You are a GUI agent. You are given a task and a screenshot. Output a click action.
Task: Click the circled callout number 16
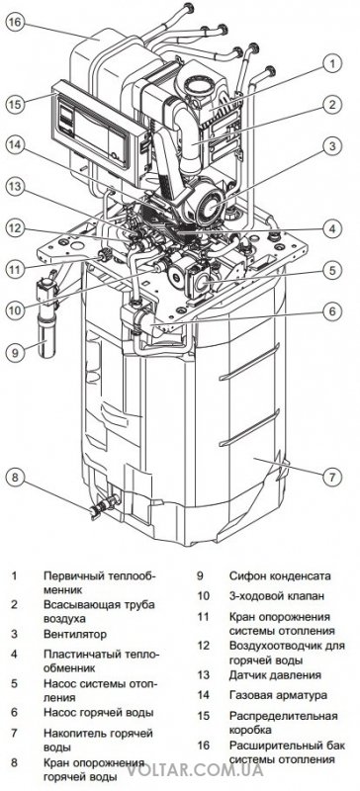(15, 24)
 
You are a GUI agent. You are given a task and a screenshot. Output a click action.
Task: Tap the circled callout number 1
(332, 64)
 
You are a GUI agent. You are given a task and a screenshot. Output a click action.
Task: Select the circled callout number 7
(332, 476)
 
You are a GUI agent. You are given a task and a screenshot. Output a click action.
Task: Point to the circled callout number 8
(15, 477)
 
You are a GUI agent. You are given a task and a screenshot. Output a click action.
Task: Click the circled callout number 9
(15, 353)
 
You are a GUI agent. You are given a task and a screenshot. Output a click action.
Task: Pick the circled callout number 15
(15, 105)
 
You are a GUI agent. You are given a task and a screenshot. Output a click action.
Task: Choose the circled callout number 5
(332, 270)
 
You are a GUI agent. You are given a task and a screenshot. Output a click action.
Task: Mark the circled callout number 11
(15, 269)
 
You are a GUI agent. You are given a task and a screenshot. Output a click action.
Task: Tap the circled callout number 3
(332, 146)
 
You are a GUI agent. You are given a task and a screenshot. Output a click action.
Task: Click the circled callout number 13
(15, 187)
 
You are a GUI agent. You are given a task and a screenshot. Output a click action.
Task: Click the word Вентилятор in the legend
(75, 634)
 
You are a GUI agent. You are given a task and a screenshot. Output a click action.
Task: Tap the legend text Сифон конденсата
(280, 575)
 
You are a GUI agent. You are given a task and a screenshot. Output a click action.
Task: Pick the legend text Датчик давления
(275, 675)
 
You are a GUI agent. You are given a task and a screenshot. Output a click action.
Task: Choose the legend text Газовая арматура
(278, 695)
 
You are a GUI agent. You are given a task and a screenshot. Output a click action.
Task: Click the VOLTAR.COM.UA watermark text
(195, 770)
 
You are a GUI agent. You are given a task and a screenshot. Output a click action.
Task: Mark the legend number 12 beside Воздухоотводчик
(203, 646)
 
